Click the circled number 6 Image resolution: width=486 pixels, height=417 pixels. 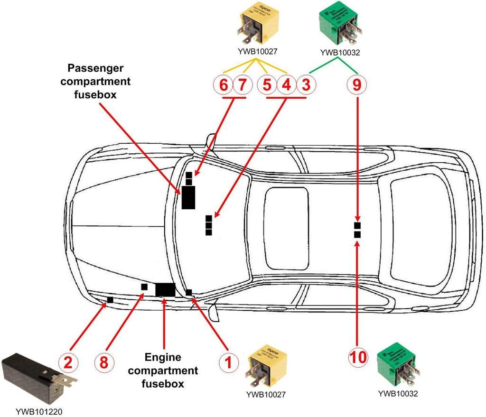point(223,85)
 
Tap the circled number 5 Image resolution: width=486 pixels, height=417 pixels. point(267,85)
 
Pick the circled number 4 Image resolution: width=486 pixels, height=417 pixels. point(286,85)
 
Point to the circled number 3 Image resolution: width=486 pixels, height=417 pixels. point(306,85)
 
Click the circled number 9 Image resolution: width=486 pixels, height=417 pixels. point(357,85)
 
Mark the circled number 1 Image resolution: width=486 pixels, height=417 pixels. point(228,362)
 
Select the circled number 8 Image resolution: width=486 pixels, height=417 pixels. point(104,362)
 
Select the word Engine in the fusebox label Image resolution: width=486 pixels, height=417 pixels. point(163,357)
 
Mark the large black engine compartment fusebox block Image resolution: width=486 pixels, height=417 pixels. point(165,289)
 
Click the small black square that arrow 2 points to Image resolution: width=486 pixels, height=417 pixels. point(110,300)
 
